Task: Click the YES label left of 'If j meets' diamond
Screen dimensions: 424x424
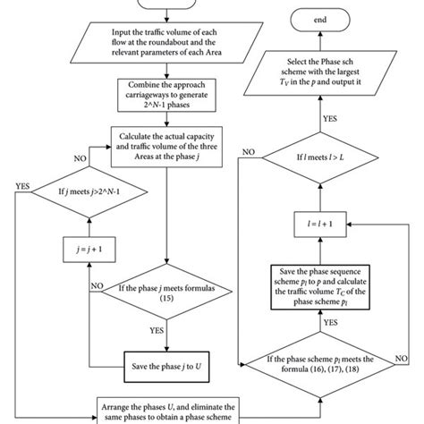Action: (x=22, y=186)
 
